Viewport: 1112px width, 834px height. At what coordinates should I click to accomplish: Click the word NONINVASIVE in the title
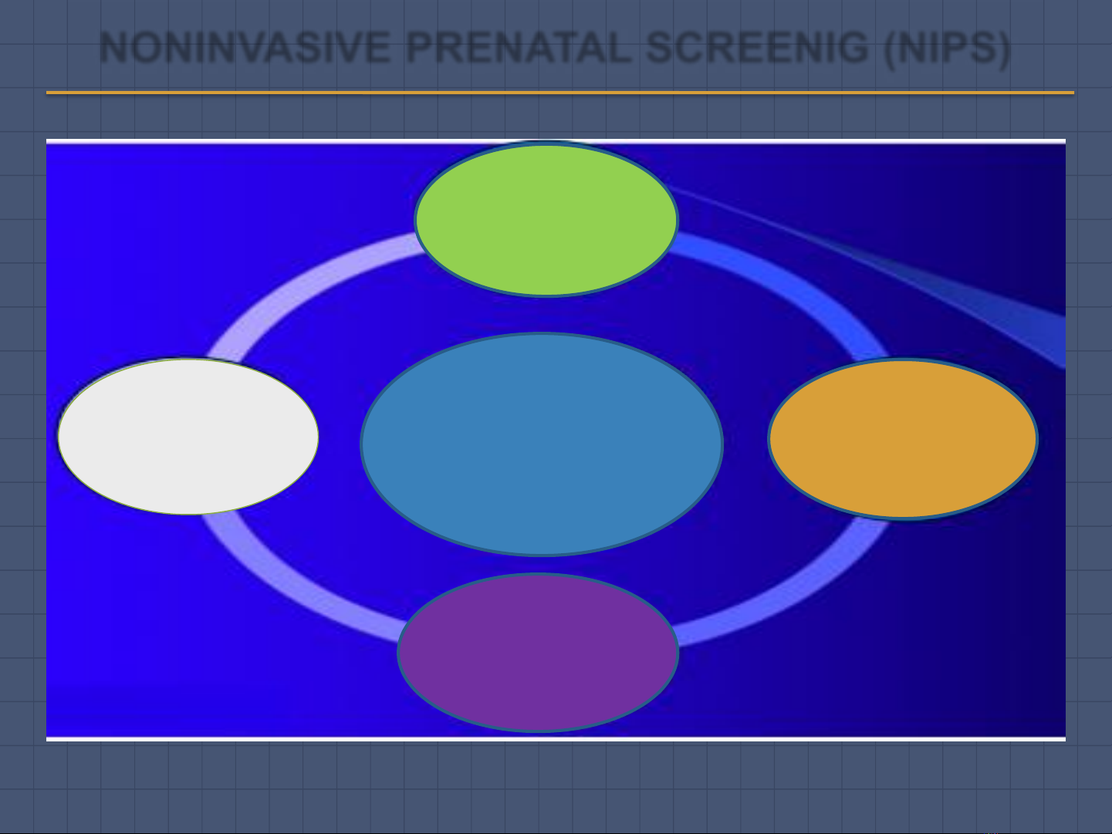[245, 48]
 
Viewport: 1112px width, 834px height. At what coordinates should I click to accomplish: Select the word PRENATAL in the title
[519, 48]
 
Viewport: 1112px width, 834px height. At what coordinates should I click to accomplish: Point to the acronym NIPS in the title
[947, 48]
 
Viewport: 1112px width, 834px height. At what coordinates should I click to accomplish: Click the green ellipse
[546, 219]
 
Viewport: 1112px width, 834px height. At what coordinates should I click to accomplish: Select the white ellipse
[188, 437]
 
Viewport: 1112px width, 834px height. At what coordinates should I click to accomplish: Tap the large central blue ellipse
[542, 444]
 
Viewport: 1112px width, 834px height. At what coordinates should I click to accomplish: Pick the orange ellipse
[903, 438]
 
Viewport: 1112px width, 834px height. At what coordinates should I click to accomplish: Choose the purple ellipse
[538, 653]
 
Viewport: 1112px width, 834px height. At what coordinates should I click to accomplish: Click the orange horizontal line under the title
[559, 93]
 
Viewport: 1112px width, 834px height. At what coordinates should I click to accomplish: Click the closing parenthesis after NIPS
[1003, 49]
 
